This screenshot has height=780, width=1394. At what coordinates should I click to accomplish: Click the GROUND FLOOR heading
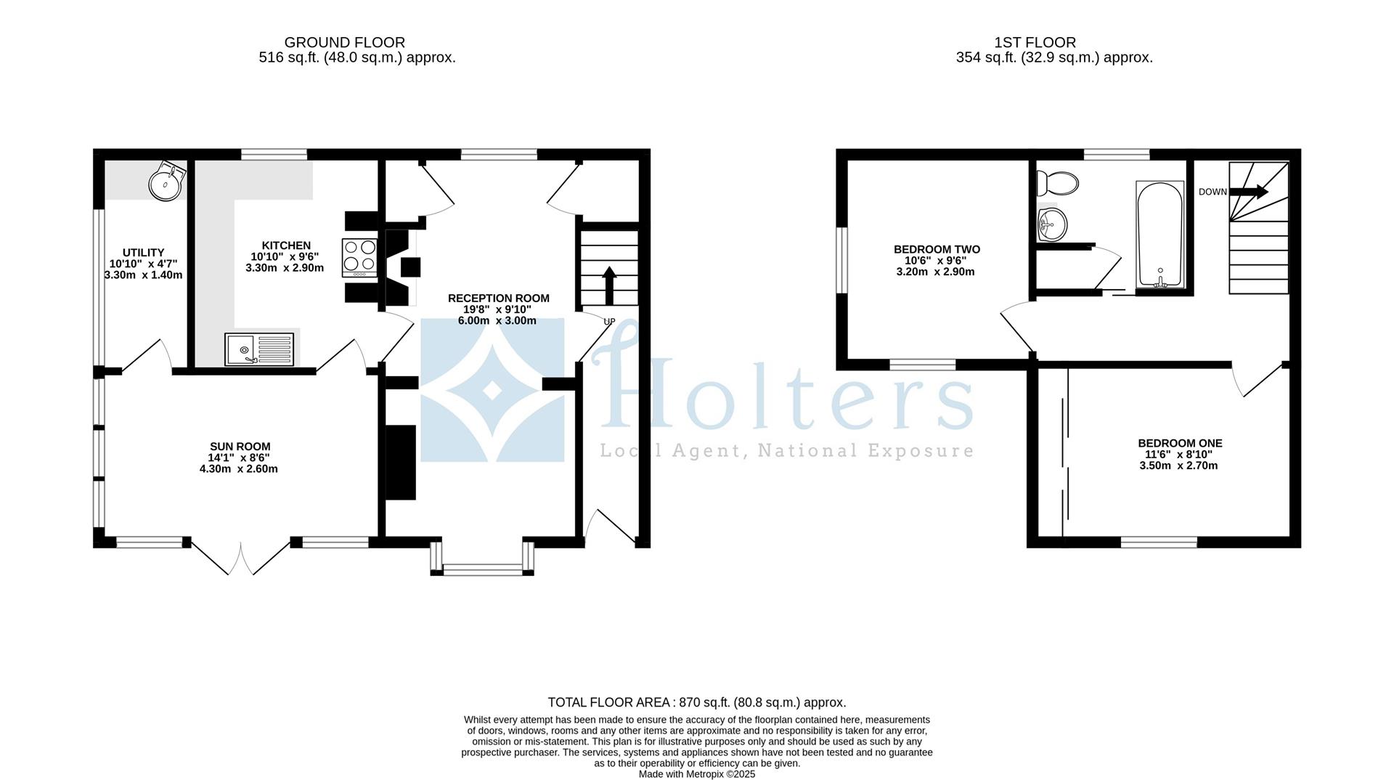pyautogui.click(x=344, y=43)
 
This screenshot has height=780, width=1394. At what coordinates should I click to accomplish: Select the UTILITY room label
pyautogui.click(x=143, y=253)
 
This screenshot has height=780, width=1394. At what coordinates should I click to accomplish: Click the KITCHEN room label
pyautogui.click(x=286, y=245)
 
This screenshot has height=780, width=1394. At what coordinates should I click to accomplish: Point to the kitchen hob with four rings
pyautogui.click(x=359, y=256)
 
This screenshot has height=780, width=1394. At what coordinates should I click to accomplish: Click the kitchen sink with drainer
pyautogui.click(x=259, y=349)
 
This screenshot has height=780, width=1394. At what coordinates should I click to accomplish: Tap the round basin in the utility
pyautogui.click(x=166, y=182)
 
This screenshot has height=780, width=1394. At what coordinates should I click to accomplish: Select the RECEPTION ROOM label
pyautogui.click(x=498, y=298)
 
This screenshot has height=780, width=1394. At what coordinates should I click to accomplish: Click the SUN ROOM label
pyautogui.click(x=240, y=447)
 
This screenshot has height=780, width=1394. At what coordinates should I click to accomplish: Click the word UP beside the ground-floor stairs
pyautogui.click(x=609, y=322)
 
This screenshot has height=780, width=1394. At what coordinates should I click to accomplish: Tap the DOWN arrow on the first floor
pyautogui.click(x=1249, y=192)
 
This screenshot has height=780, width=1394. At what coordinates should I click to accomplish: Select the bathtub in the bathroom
pyautogui.click(x=1160, y=235)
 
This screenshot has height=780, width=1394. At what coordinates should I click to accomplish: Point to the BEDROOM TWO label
pyautogui.click(x=937, y=249)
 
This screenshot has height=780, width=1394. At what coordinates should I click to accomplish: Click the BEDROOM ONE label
pyautogui.click(x=1180, y=443)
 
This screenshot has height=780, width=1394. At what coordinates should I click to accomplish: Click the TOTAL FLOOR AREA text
pyautogui.click(x=696, y=702)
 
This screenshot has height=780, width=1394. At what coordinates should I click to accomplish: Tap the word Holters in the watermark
pyautogui.click(x=784, y=392)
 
